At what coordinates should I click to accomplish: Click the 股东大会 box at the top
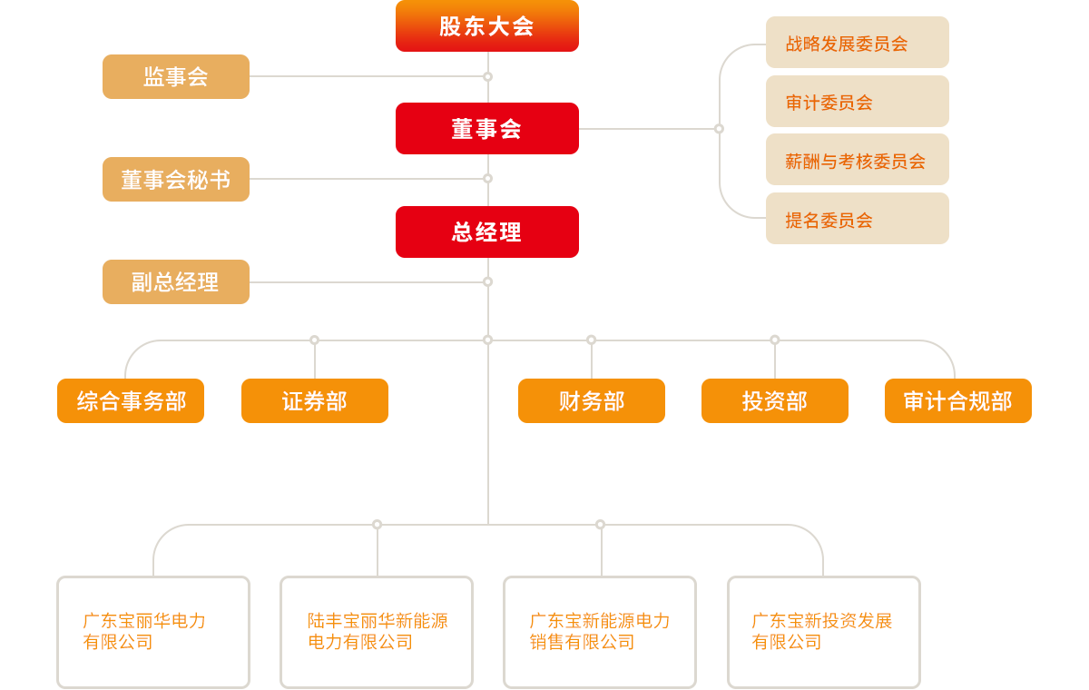click(x=487, y=26)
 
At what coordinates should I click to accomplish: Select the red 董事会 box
click(x=487, y=129)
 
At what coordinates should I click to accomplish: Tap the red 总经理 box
click(x=487, y=232)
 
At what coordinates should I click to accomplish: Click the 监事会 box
click(x=176, y=77)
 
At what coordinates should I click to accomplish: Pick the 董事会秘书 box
click(x=176, y=180)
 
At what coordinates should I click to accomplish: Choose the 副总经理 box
click(x=176, y=282)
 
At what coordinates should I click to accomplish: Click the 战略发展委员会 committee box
click(x=857, y=43)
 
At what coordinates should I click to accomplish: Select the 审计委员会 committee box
click(x=857, y=102)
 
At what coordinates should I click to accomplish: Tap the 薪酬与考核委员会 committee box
click(x=857, y=161)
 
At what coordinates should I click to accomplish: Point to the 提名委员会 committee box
click(x=857, y=219)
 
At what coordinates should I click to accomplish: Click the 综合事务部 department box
click(x=131, y=401)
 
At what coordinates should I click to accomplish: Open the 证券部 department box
click(x=315, y=401)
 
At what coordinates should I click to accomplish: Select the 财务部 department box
click(x=592, y=401)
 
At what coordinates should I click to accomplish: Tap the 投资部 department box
click(x=775, y=401)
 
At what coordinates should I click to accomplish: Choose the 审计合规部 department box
click(x=958, y=401)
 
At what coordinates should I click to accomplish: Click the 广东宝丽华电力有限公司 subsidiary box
click(x=153, y=632)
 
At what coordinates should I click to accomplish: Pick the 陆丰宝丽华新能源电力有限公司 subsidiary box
click(x=377, y=632)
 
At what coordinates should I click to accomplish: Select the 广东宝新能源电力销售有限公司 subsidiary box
click(x=600, y=632)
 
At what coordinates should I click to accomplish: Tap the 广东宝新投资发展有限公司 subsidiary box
click(x=823, y=632)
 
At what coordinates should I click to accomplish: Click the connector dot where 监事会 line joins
click(x=487, y=77)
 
